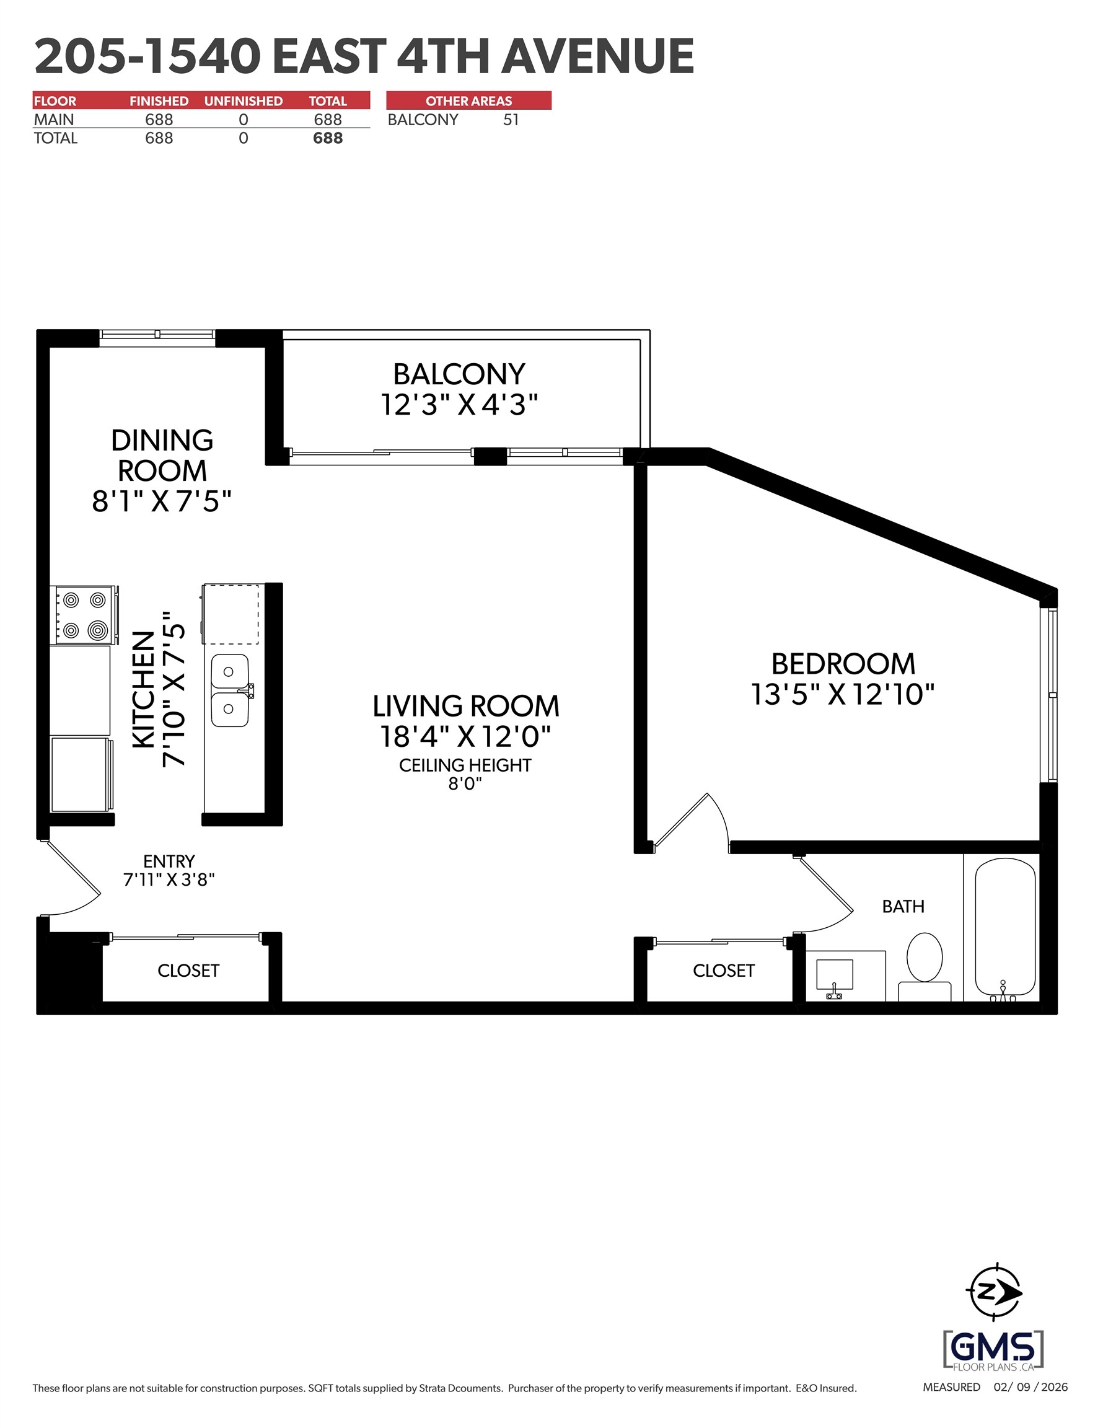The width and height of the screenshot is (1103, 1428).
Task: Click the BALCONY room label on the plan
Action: point(459,374)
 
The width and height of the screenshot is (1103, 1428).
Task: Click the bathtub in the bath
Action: point(1005,928)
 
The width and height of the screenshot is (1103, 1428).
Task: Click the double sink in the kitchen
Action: point(229,690)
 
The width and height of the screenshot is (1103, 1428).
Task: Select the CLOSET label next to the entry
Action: point(188,971)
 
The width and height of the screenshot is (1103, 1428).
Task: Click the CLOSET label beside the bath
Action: point(724,971)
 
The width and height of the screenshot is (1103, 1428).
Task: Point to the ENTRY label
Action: point(169,861)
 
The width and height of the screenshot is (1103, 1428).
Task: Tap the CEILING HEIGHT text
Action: point(465,765)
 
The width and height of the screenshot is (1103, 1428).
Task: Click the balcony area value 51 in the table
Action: point(511,120)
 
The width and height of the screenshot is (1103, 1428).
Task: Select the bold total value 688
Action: point(328,138)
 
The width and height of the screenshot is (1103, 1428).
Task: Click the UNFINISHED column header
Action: point(244,100)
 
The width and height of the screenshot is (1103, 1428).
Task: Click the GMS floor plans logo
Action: point(993,1348)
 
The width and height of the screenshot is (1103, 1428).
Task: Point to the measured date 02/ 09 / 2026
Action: point(1030,1387)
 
